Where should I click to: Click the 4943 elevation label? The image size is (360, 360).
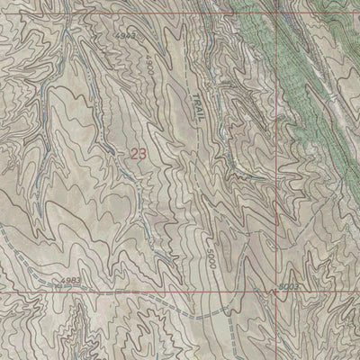(126, 34)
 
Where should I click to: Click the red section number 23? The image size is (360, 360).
(137, 154)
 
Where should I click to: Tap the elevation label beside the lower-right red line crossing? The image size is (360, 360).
(287, 285)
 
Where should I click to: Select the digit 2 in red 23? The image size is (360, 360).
(133, 154)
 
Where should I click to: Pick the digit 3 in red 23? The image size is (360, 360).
(141, 154)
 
